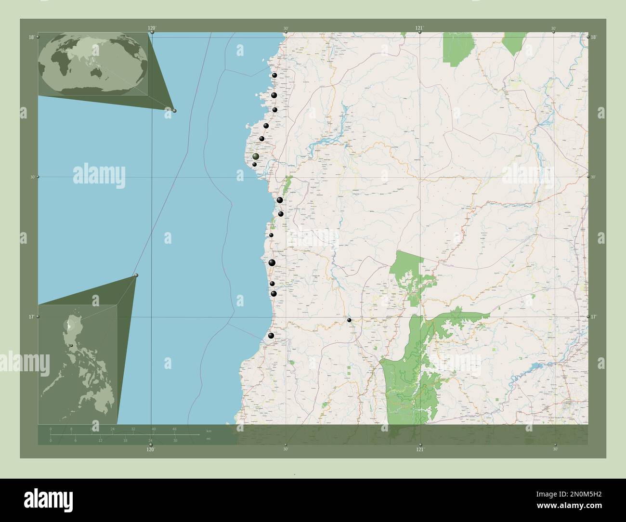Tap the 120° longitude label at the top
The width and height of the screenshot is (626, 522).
152,28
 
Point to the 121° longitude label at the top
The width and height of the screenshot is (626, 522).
419,28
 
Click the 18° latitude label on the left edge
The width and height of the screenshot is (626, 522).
31,37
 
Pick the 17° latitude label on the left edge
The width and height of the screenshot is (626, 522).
31,316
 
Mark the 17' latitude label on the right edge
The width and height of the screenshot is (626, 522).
594,316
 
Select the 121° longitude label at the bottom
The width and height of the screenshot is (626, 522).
420,449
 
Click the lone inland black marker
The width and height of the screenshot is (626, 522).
349,320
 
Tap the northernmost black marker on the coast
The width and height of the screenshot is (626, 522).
274,76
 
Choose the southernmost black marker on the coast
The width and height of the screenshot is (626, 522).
271,336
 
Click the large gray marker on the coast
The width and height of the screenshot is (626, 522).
256,157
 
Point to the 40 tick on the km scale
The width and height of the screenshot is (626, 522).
154,429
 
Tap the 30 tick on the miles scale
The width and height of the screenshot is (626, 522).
175,440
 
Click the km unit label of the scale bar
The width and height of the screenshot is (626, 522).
209,431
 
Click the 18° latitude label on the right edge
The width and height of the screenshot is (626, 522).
594,37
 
